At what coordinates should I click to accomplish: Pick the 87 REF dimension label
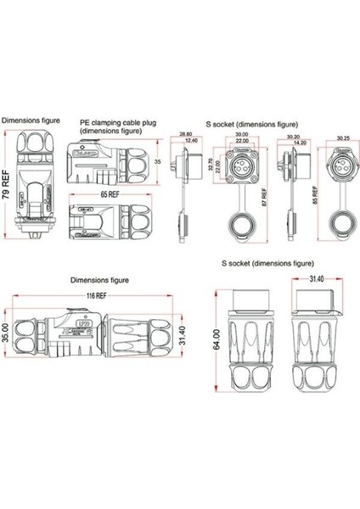[263, 196]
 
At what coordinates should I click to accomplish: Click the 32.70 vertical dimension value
[201, 164]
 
